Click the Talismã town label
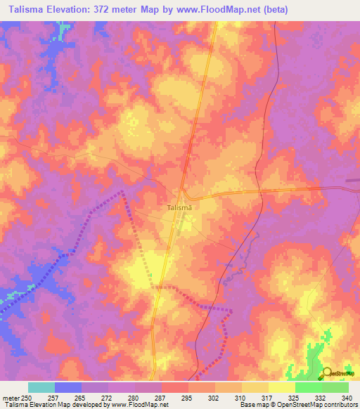180,208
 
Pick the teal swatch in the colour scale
41,387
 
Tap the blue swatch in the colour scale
68,387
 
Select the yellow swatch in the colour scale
281,387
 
